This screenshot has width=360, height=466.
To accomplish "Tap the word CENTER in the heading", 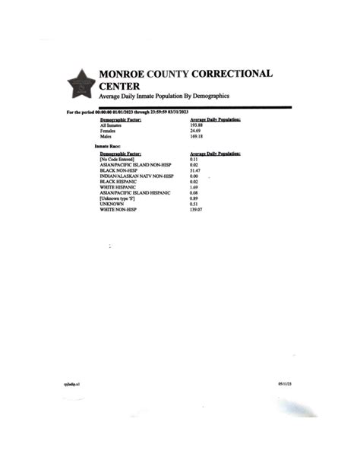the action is click(119, 87).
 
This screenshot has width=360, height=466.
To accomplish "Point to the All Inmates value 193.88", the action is click(197, 125).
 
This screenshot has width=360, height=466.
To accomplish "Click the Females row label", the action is click(108, 131).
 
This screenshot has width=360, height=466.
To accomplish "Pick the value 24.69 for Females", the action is click(196, 131).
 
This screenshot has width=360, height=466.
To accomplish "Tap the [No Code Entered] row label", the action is click(117, 159).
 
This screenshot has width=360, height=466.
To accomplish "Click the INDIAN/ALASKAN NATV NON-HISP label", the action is click(137, 176).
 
